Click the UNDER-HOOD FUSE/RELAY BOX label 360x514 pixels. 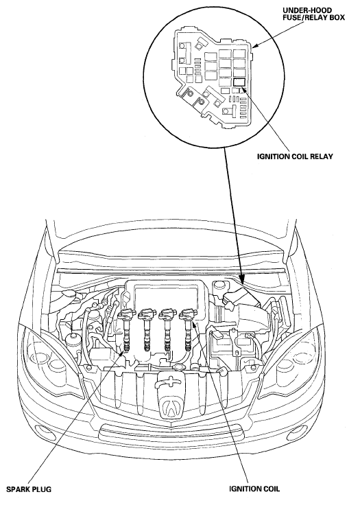coord(313,14)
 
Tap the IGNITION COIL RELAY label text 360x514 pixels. coord(295,156)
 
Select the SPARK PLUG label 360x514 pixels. coord(29,489)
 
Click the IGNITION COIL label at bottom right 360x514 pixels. coord(254,489)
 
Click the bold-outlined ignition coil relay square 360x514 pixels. coord(239,82)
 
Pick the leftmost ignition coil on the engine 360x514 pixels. coord(126,328)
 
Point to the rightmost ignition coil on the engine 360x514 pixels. coord(188,328)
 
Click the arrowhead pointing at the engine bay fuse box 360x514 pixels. coord(241,279)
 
